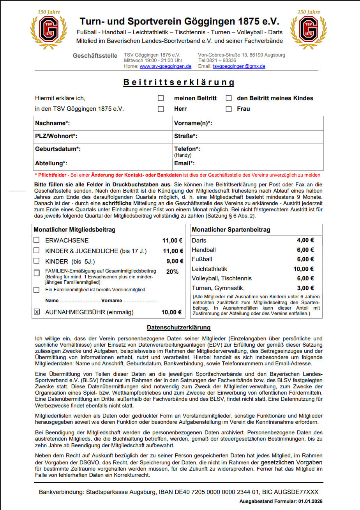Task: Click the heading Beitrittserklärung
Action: (x=179, y=82)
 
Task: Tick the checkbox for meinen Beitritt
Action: (x=161, y=98)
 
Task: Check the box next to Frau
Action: (x=229, y=109)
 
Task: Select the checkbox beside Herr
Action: (x=161, y=109)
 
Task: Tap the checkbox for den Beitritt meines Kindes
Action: (x=229, y=98)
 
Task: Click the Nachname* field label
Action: (x=52, y=123)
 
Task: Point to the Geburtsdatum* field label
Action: (x=58, y=149)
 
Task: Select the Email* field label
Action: (x=184, y=163)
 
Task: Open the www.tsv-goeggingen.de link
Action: (x=166, y=66)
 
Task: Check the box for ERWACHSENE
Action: (x=37, y=241)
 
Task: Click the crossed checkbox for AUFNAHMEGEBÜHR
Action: (x=37, y=312)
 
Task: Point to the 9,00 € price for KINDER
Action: (x=175, y=261)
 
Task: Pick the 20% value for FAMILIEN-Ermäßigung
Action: (x=172, y=272)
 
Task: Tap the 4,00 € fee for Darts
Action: (x=305, y=241)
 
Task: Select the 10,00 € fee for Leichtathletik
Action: (x=304, y=269)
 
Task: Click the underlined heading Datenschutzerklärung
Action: (x=178, y=328)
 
